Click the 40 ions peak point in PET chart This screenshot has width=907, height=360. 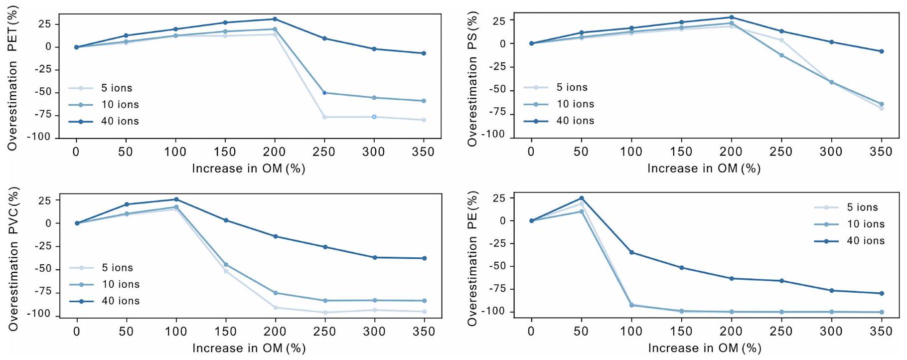tap(275, 19)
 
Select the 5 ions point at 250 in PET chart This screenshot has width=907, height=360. tap(324, 117)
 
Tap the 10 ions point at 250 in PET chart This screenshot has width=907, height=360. tap(324, 93)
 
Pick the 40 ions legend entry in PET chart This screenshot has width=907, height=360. tap(120, 121)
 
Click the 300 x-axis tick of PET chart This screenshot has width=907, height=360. tap(374, 152)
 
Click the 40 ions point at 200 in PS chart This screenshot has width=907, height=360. tap(732, 17)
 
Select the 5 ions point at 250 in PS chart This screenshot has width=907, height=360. tap(781, 40)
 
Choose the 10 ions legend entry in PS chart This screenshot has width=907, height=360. tap(575, 104)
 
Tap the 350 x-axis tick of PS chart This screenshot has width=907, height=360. tap(881, 152)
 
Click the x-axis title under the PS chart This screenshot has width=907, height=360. tap(704, 169)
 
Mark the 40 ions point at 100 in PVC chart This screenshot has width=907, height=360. tap(176, 199)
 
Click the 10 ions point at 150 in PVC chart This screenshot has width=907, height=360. tap(226, 264)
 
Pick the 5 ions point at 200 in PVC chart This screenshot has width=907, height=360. tap(275, 308)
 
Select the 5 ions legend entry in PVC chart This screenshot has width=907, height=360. tap(117, 268)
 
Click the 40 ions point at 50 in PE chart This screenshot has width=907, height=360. tap(581, 198)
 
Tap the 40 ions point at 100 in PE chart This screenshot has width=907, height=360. tap(631, 252)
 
